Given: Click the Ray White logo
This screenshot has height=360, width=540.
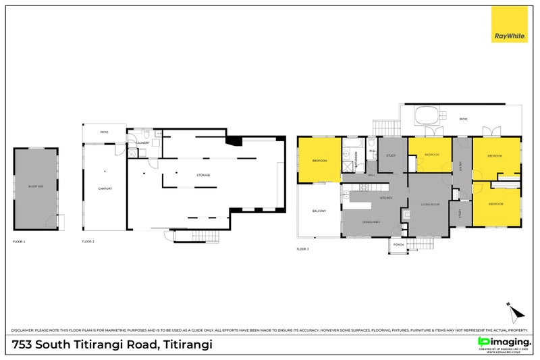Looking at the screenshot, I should [x=509, y=24].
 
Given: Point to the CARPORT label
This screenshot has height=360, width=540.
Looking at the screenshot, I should [x=105, y=188].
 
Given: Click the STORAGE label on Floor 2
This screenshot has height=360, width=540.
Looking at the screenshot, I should [x=203, y=175].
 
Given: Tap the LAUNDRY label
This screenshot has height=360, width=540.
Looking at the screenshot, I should [x=142, y=143].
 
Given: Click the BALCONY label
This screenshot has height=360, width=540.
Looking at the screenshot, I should [x=319, y=211].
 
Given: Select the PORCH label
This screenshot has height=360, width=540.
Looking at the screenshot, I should [x=399, y=245].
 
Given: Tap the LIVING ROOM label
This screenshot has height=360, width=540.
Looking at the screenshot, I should [x=431, y=204].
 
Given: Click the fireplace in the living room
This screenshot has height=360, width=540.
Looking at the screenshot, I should [x=406, y=214].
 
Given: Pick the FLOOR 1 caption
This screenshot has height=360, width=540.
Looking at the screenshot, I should [x=19, y=241].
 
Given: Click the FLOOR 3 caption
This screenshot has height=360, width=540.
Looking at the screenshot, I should [x=302, y=249].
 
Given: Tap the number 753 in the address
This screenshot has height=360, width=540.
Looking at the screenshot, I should [x=23, y=344].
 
